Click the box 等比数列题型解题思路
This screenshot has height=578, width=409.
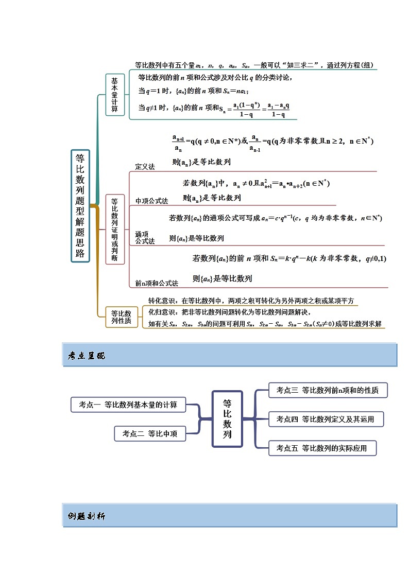point(80,206)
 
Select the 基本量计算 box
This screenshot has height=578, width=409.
point(115,95)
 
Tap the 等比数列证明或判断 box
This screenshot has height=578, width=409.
point(115,230)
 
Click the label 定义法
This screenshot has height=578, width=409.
point(145,167)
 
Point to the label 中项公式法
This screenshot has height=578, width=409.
point(151,201)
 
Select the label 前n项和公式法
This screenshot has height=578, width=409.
point(157,283)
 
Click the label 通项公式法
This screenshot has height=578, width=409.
point(145,237)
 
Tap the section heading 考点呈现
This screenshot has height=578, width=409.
point(87,356)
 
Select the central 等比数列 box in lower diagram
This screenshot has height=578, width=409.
point(227,418)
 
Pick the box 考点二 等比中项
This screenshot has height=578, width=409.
point(149,434)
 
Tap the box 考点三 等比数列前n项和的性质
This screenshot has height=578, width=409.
point(328,390)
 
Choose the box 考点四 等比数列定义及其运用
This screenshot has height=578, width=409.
point(327,419)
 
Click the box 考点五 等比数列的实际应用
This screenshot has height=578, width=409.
point(322,448)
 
